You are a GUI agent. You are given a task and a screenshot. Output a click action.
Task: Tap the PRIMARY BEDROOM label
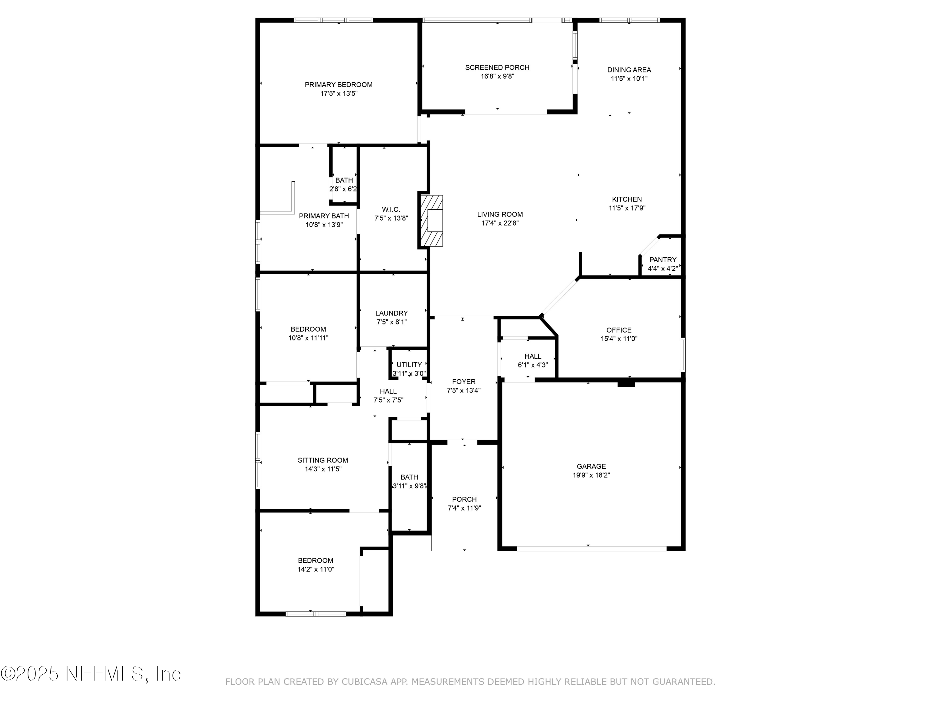[339, 85]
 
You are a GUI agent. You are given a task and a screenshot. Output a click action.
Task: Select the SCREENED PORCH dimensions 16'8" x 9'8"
[497, 77]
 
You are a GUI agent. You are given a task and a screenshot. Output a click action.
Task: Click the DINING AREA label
[629, 70]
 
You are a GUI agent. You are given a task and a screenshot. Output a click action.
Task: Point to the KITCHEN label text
[627, 199]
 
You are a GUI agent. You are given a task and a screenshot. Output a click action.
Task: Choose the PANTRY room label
[662, 259]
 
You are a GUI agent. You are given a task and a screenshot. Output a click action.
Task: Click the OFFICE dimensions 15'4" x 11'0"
[619, 339]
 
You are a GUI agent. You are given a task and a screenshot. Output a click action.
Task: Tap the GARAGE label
[591, 466]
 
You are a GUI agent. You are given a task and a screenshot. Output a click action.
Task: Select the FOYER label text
[464, 382]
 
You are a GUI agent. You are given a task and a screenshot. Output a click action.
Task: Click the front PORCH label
[464, 499]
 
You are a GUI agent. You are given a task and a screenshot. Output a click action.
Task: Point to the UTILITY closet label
[409, 365]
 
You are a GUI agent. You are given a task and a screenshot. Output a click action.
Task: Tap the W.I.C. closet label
[391, 209]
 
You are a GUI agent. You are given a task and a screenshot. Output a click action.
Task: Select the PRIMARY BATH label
[324, 216]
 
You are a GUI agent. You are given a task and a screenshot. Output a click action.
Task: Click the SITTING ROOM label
[322, 460]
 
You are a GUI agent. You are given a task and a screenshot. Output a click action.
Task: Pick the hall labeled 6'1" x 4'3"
[533, 361]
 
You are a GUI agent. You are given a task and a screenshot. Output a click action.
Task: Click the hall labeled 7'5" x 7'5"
[388, 395]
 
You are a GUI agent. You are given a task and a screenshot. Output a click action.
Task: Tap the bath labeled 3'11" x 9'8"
[409, 481]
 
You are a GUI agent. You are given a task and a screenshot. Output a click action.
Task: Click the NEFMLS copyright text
[91, 674]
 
